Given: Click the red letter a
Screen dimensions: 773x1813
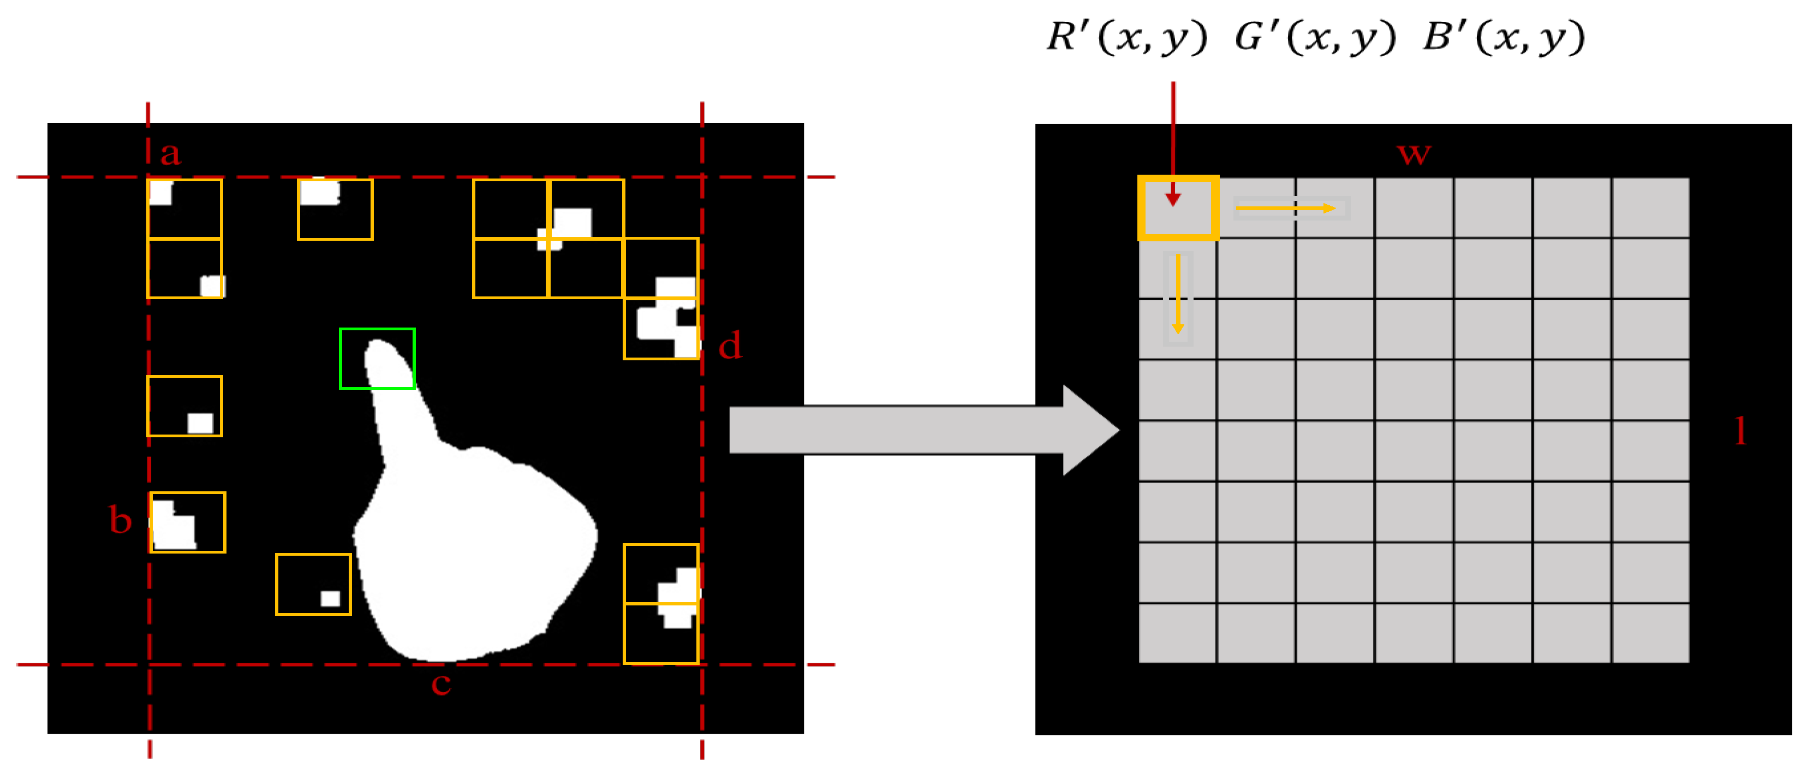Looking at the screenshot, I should (170, 153).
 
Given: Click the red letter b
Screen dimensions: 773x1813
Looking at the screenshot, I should (121, 520).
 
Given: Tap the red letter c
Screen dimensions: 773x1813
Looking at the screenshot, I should (442, 683).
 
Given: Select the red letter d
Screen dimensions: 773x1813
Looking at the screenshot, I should (731, 346).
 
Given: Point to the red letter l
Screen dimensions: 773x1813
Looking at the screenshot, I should (1740, 431).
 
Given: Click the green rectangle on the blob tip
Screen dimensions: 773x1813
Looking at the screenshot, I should (377, 358).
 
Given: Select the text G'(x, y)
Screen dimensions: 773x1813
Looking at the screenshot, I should (1315, 37).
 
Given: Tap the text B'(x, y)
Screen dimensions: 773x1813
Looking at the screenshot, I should (1504, 37).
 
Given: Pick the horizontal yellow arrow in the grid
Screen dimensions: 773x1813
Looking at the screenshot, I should (1286, 209).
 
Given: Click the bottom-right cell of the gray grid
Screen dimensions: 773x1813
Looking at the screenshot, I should (1650, 633).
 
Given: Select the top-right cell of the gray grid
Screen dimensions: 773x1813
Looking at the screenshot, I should (1650, 207).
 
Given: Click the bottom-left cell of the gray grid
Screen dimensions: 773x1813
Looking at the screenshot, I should (1177, 633).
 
